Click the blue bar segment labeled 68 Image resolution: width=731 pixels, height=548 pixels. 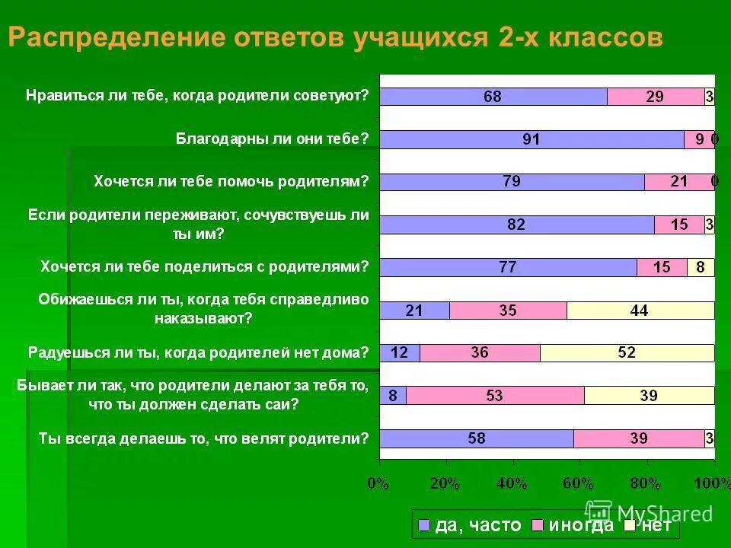[x=493, y=97]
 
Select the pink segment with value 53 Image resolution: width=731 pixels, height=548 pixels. [x=495, y=396]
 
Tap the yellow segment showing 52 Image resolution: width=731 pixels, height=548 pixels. [x=627, y=353]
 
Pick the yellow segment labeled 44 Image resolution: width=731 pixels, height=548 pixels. [x=640, y=311]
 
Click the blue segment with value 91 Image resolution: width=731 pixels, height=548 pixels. [x=531, y=139]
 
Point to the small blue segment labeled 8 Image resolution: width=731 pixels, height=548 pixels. [x=393, y=396]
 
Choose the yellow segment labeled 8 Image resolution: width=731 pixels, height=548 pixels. [x=701, y=268]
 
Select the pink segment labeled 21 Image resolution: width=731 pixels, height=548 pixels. [x=679, y=182]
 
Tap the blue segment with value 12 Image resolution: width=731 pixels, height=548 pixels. [x=400, y=353]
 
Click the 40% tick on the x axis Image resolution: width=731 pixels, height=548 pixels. [x=512, y=483]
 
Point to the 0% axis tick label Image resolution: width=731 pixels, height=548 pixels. [x=378, y=483]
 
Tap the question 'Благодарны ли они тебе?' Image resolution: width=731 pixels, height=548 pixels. [x=272, y=139]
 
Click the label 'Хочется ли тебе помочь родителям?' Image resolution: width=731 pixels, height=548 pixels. [x=231, y=181]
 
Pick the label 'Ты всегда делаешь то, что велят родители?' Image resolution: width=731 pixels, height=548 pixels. [x=203, y=438]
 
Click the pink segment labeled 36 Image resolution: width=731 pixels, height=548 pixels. [x=480, y=353]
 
